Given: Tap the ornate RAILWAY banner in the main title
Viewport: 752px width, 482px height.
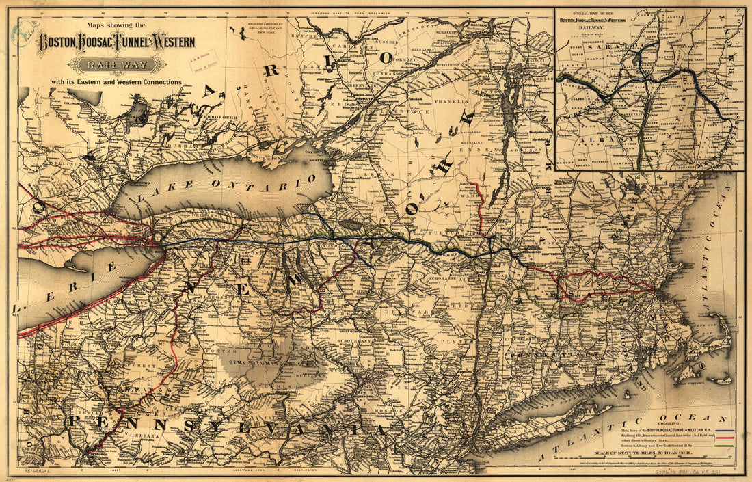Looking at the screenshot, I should coord(120,65).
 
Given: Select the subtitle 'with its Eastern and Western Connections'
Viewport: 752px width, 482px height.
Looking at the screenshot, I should coord(115,82).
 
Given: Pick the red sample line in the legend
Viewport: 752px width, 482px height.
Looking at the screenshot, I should coord(725,436).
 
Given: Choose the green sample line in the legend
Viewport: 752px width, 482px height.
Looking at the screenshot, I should coord(725,447).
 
